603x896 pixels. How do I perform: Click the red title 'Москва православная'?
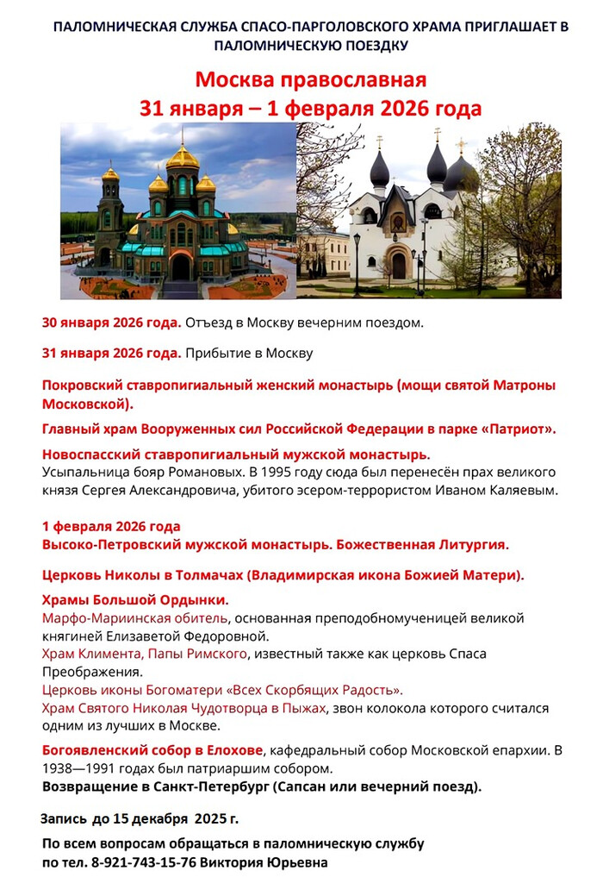click(x=310, y=80)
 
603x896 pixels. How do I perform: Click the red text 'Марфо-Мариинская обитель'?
click(x=135, y=618)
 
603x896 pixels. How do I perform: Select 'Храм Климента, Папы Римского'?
click(x=144, y=654)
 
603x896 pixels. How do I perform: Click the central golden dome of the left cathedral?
click(x=183, y=157)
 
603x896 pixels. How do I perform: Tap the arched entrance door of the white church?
click(x=398, y=264)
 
